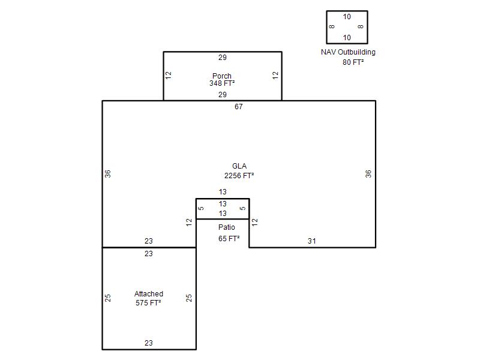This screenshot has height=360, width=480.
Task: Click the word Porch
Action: (222, 76)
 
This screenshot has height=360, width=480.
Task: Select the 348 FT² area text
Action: (222, 83)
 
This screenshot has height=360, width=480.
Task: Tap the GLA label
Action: (239, 166)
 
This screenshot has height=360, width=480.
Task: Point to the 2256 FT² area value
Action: (239, 176)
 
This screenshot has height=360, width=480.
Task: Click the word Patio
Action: (227, 227)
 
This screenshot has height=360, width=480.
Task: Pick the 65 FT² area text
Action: (229, 238)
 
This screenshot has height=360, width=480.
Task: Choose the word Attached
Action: (149, 294)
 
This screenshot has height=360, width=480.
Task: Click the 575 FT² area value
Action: (148, 303)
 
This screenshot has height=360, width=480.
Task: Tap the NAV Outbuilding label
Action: (348, 52)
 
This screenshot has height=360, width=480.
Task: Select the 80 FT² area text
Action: (353, 62)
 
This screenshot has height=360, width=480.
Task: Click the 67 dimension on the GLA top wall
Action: (239, 107)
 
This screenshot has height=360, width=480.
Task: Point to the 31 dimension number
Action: (311, 241)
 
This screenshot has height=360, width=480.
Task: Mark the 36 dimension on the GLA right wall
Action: (368, 174)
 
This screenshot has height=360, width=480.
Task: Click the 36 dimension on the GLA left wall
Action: (108, 174)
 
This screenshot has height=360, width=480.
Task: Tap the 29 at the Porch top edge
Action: (223, 57)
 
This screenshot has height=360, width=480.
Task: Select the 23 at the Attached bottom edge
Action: (149, 343)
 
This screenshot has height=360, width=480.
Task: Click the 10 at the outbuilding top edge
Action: (347, 17)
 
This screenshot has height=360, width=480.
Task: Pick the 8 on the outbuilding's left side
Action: (332, 26)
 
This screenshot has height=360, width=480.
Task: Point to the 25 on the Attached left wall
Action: (108, 298)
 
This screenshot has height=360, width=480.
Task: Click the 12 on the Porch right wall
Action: (275, 76)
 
